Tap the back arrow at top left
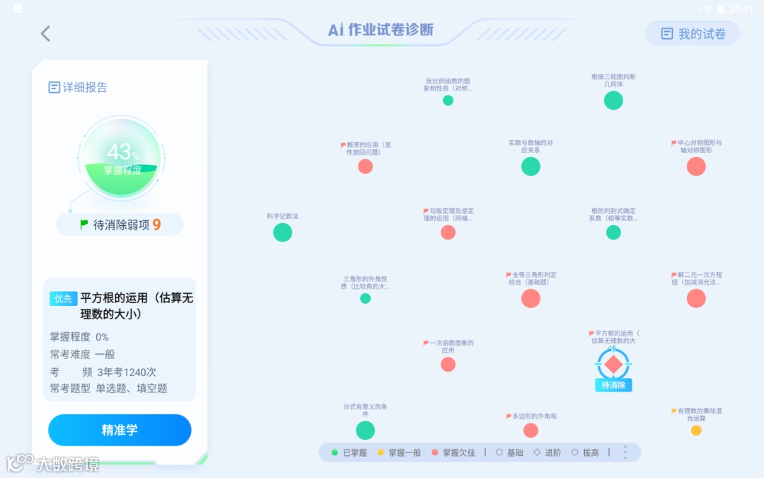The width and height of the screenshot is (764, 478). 45,33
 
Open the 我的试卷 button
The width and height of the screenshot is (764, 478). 693,33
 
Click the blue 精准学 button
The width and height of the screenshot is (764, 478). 120,430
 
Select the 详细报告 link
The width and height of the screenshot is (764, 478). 78,87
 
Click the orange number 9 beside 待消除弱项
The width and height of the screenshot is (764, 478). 156,224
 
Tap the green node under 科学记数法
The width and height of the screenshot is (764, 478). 282,232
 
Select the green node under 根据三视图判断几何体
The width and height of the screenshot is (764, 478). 613,100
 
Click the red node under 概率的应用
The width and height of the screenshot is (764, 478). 365,166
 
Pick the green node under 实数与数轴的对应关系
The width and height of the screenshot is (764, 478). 531,166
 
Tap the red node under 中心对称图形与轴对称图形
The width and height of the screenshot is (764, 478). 696,166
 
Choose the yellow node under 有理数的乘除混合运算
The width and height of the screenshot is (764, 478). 696,431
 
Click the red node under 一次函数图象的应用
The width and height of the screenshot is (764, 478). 448,364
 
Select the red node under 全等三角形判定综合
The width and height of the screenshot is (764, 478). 531,298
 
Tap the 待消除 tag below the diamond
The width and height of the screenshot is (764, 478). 613,385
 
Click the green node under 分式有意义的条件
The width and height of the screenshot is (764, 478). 365,430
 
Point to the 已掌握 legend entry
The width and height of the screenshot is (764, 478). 349,453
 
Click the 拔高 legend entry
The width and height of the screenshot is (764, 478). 585,453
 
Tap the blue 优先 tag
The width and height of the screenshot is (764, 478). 63,299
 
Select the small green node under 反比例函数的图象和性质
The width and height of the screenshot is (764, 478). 448,101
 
